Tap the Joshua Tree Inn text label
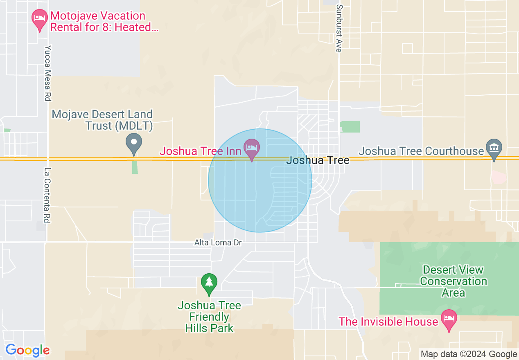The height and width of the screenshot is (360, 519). tap(200, 151)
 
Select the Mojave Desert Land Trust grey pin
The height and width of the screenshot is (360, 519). tap(133, 143)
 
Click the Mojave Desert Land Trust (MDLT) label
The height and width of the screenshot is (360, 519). tap(102, 120)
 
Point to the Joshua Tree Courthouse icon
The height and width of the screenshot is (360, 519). tap(494, 148)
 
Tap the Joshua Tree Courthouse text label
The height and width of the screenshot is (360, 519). tap(421, 151)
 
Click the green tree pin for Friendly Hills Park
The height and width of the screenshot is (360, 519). tap(209, 283)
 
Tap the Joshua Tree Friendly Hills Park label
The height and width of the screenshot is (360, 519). tap(209, 317)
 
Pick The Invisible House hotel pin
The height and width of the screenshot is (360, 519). tap(449, 319)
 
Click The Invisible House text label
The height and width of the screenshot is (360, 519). tap(388, 322)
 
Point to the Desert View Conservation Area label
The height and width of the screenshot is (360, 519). tap(453, 281)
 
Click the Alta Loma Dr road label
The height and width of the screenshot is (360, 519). tap(218, 243)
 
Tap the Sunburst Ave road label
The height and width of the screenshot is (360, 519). tap(338, 28)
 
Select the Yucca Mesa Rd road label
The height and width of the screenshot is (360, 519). tap(48, 73)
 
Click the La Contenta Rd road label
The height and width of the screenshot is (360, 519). tap(47, 195)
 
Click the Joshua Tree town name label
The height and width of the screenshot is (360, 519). tap(318, 160)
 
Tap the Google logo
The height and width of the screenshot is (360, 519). tap(27, 351)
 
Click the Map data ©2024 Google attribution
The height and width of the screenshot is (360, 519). tap(469, 354)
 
